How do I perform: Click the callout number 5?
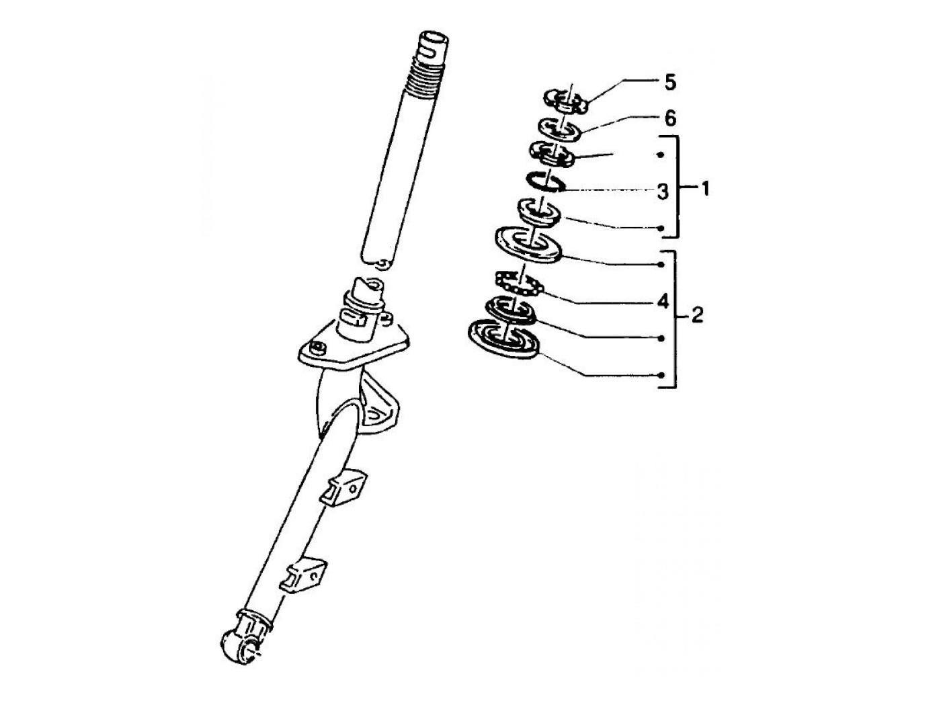coord(669,83)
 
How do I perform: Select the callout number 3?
coord(663,192)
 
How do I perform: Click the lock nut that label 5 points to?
coord(566,101)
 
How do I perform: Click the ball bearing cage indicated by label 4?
coord(519,284)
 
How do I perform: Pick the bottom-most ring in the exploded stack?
coord(504,339)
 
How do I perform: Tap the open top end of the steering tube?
coord(434,38)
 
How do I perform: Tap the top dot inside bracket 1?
coord(661,155)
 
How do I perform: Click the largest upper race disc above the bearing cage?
coord(528,245)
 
